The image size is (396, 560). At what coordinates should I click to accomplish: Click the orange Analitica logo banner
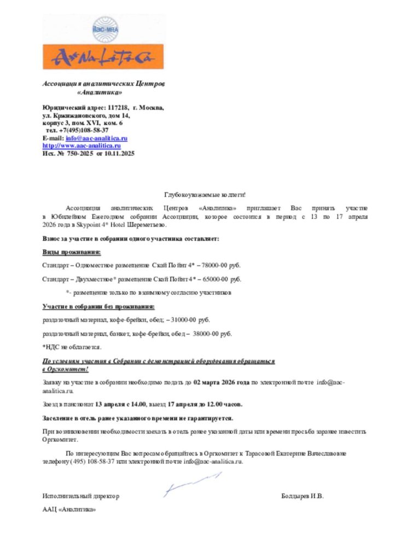103,56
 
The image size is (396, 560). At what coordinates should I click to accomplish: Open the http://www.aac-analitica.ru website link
81,146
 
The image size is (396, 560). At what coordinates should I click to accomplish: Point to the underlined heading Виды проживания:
72,252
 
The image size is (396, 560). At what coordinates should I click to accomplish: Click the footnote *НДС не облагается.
72,347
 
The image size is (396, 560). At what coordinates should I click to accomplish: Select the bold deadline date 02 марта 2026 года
222,383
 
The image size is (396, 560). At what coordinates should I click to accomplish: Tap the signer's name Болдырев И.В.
302,496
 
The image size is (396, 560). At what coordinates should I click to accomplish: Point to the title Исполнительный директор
81,496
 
